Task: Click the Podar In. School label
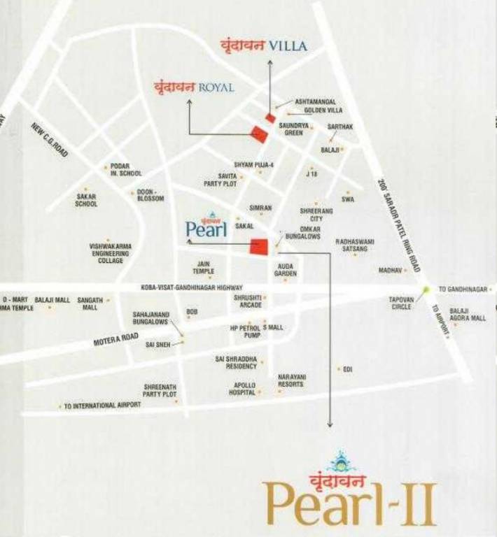coord(126,169)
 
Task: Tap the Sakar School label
coord(86,201)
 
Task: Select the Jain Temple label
coord(204,267)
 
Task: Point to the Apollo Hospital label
coord(243,389)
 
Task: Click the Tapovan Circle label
coord(402,303)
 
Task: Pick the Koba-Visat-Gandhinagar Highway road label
coord(191,287)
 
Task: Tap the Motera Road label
coord(116,339)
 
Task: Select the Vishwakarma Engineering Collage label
coord(111,253)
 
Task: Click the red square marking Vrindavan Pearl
coord(259,246)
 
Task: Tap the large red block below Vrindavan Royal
coord(260,133)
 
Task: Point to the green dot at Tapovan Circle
coord(426,289)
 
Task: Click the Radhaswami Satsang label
coord(355,244)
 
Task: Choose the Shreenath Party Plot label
coord(160,390)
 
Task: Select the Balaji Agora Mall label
coord(468,314)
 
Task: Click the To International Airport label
coord(102,405)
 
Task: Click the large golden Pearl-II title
coord(350,501)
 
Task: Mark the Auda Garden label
coord(286,270)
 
